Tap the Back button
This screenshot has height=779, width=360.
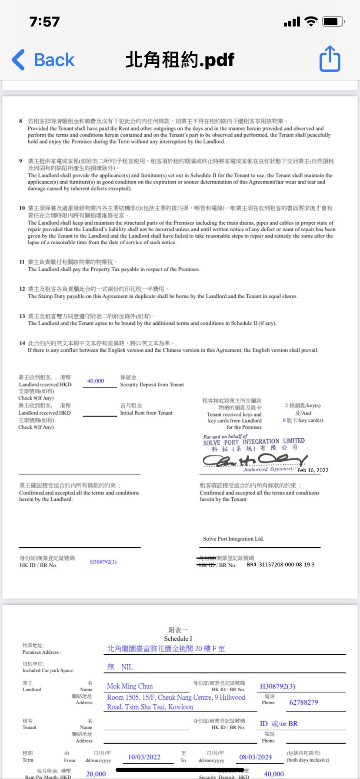point(43,60)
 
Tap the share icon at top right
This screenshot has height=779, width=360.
point(330,59)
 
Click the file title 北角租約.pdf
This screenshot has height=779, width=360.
point(180,60)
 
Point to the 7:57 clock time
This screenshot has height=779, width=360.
point(44,22)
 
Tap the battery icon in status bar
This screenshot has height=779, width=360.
point(334,21)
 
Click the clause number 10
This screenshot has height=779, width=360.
point(22,208)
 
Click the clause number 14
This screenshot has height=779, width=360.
point(22,343)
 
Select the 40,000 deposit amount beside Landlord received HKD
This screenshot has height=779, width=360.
point(96,381)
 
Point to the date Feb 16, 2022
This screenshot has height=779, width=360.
point(313,470)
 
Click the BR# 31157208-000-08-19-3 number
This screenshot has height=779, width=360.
point(281,564)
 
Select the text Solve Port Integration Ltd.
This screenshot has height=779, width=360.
point(233,539)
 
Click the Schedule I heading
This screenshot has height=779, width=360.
point(178,639)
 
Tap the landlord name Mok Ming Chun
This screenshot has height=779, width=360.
point(130,686)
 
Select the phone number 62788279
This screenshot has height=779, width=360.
point(303,702)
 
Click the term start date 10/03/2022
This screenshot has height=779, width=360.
point(144,757)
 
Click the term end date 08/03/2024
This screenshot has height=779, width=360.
point(256,757)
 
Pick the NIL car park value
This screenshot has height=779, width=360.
point(127,667)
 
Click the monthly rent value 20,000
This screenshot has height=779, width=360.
point(96,774)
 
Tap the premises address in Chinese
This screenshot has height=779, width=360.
point(166,649)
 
